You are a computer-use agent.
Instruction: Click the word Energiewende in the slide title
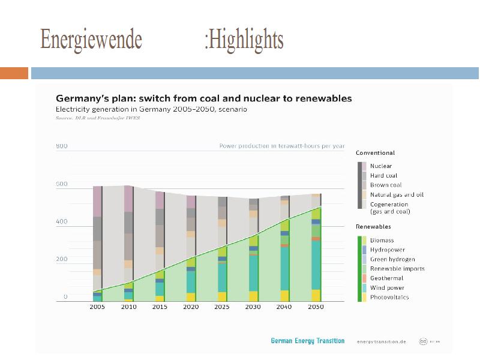click(91, 40)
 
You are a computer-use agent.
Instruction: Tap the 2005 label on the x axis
click(97, 307)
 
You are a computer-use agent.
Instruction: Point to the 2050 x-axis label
click(316, 307)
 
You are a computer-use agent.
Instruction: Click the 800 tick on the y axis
click(62, 146)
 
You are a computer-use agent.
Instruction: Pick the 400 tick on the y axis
click(62, 222)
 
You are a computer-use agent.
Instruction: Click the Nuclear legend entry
click(380, 166)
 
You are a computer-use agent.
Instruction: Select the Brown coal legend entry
click(386, 185)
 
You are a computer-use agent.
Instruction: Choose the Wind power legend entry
click(387, 288)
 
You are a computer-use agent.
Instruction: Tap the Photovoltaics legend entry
click(389, 298)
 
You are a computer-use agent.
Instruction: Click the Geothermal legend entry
click(387, 278)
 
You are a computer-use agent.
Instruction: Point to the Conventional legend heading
click(375, 153)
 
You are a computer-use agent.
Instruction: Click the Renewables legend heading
click(373, 227)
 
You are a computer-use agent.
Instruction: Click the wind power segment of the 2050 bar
click(316, 264)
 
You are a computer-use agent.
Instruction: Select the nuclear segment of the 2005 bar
click(97, 202)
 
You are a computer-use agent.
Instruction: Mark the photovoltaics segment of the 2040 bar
click(284, 295)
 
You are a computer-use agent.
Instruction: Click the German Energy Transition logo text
click(307, 341)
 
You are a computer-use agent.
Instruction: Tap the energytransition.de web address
click(381, 341)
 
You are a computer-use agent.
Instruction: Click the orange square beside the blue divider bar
click(14, 73)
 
